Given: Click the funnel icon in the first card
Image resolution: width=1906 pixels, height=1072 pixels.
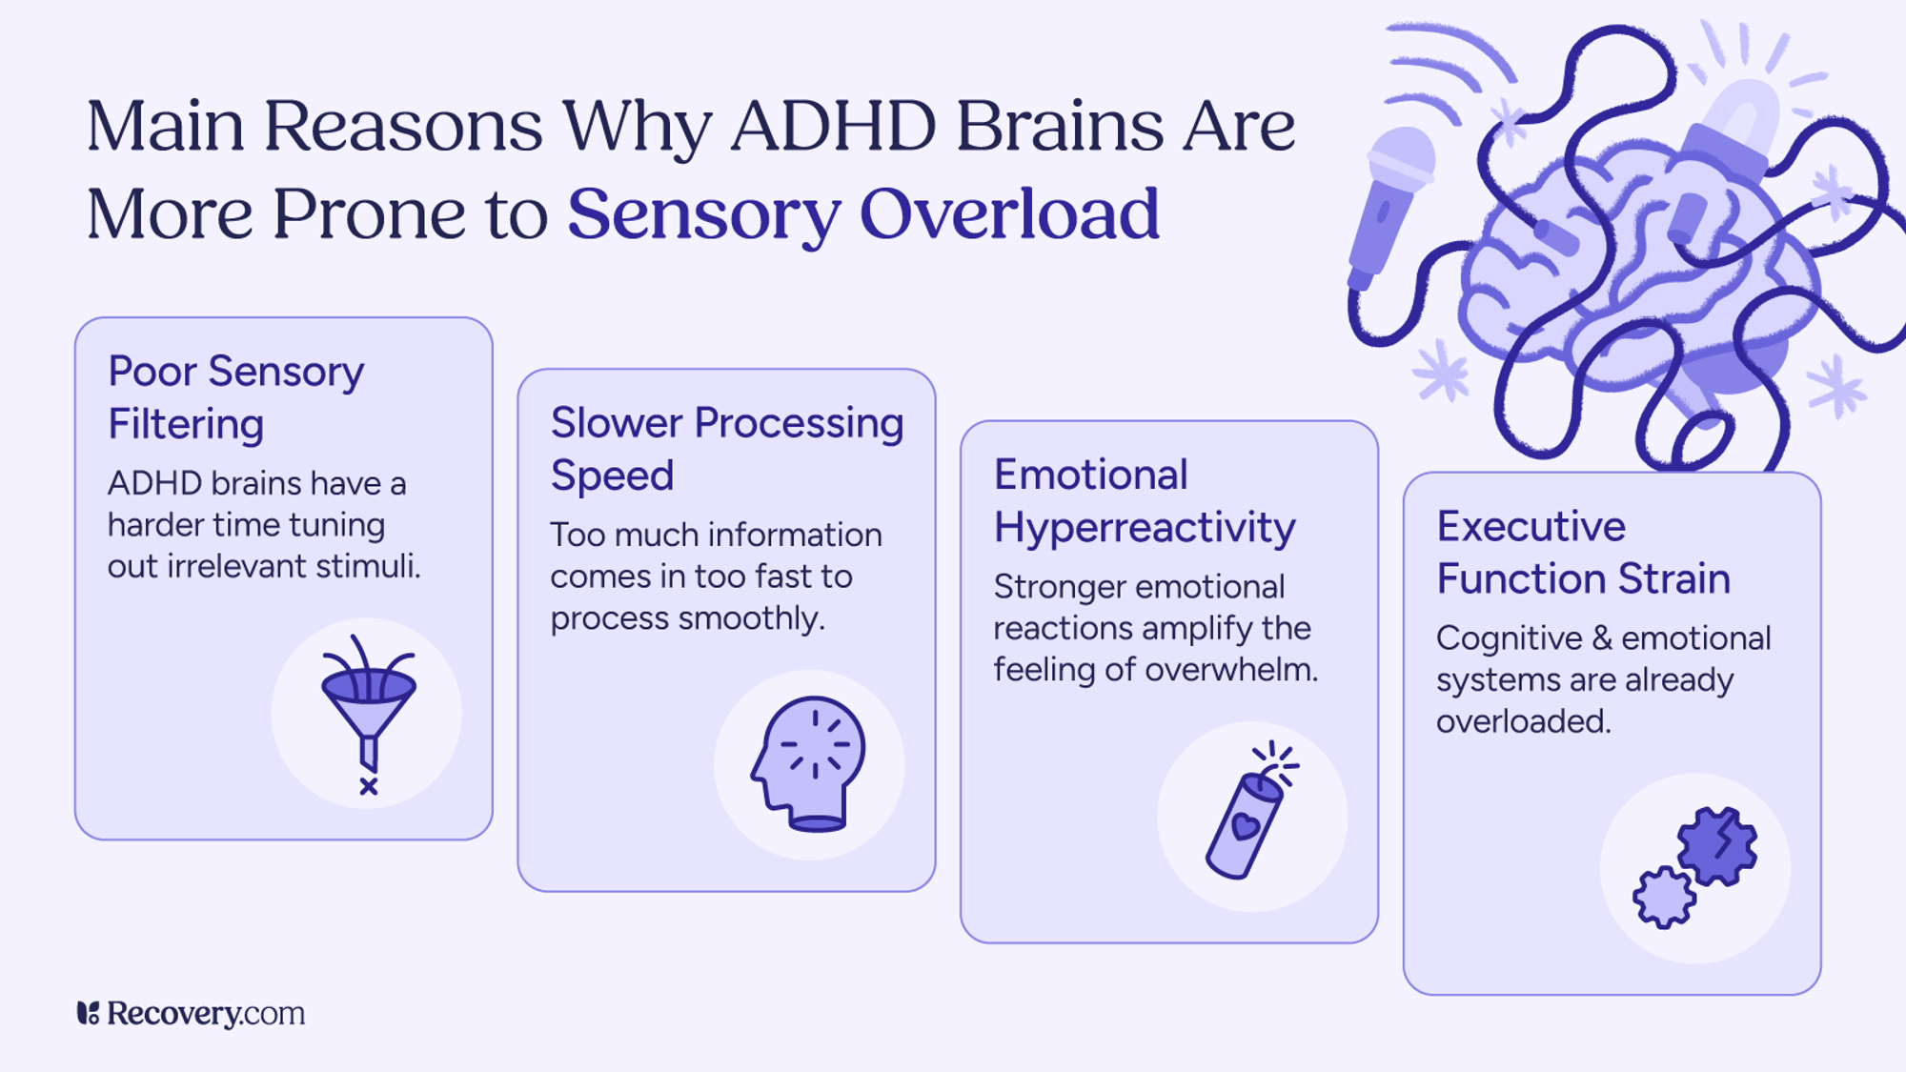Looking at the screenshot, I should tap(369, 705).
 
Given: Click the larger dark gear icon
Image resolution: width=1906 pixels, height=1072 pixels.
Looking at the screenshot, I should tap(1717, 845).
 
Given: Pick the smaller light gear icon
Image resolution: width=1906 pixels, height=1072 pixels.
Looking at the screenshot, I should tap(1664, 897).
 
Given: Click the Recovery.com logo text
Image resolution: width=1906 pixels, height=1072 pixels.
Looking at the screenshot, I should tap(205, 1013).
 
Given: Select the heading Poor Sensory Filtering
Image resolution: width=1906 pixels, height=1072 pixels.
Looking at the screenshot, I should tap(236, 397).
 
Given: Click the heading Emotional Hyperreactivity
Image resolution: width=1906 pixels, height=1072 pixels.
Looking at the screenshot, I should tap(1145, 500).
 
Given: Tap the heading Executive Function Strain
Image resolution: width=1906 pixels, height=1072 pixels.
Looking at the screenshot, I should tap(1583, 552).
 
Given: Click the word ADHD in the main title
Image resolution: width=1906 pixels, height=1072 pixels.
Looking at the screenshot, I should tap(834, 126).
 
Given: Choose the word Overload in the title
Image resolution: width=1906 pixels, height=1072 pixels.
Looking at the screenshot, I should tap(1010, 213).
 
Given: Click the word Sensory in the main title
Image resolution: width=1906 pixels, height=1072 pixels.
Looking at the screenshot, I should tap(704, 213).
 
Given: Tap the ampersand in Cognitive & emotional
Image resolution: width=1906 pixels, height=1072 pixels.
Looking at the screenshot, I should tap(1605, 638).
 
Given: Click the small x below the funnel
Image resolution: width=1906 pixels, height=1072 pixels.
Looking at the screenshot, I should tap(369, 786).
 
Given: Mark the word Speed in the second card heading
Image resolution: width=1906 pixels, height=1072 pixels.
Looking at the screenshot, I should tap(612, 475).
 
